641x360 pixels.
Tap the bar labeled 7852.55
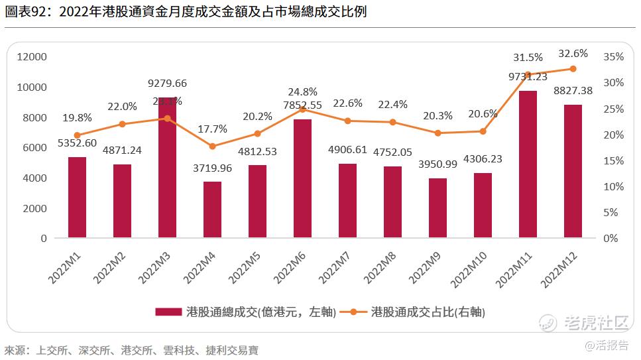(x=302, y=178)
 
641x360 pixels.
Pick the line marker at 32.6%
(x=573, y=69)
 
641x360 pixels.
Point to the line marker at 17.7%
(x=212, y=147)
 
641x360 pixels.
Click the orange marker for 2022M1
(x=77, y=135)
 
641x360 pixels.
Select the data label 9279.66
(x=167, y=84)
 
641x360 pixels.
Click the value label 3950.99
(x=437, y=164)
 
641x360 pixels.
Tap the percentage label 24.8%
(x=302, y=91)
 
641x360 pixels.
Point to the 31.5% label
(x=528, y=57)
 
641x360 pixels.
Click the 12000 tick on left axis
(x=32, y=57)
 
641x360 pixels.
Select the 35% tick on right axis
(x=614, y=57)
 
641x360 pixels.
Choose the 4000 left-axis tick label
(x=34, y=178)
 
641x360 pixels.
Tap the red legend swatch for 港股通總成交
(x=168, y=312)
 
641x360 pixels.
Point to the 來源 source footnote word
(x=15, y=350)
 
